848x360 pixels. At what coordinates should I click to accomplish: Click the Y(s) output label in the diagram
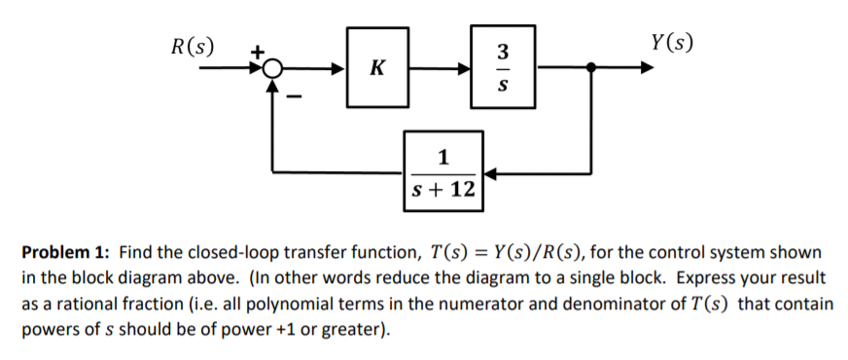click(673, 44)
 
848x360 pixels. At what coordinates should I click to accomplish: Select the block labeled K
click(377, 69)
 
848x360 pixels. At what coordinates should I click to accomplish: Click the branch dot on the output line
click(591, 69)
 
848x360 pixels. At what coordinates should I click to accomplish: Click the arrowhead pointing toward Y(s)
click(646, 69)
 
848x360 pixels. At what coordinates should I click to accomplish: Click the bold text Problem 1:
click(66, 253)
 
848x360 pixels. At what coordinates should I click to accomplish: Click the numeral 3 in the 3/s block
click(502, 51)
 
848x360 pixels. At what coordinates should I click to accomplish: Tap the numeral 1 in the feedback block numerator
click(443, 157)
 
